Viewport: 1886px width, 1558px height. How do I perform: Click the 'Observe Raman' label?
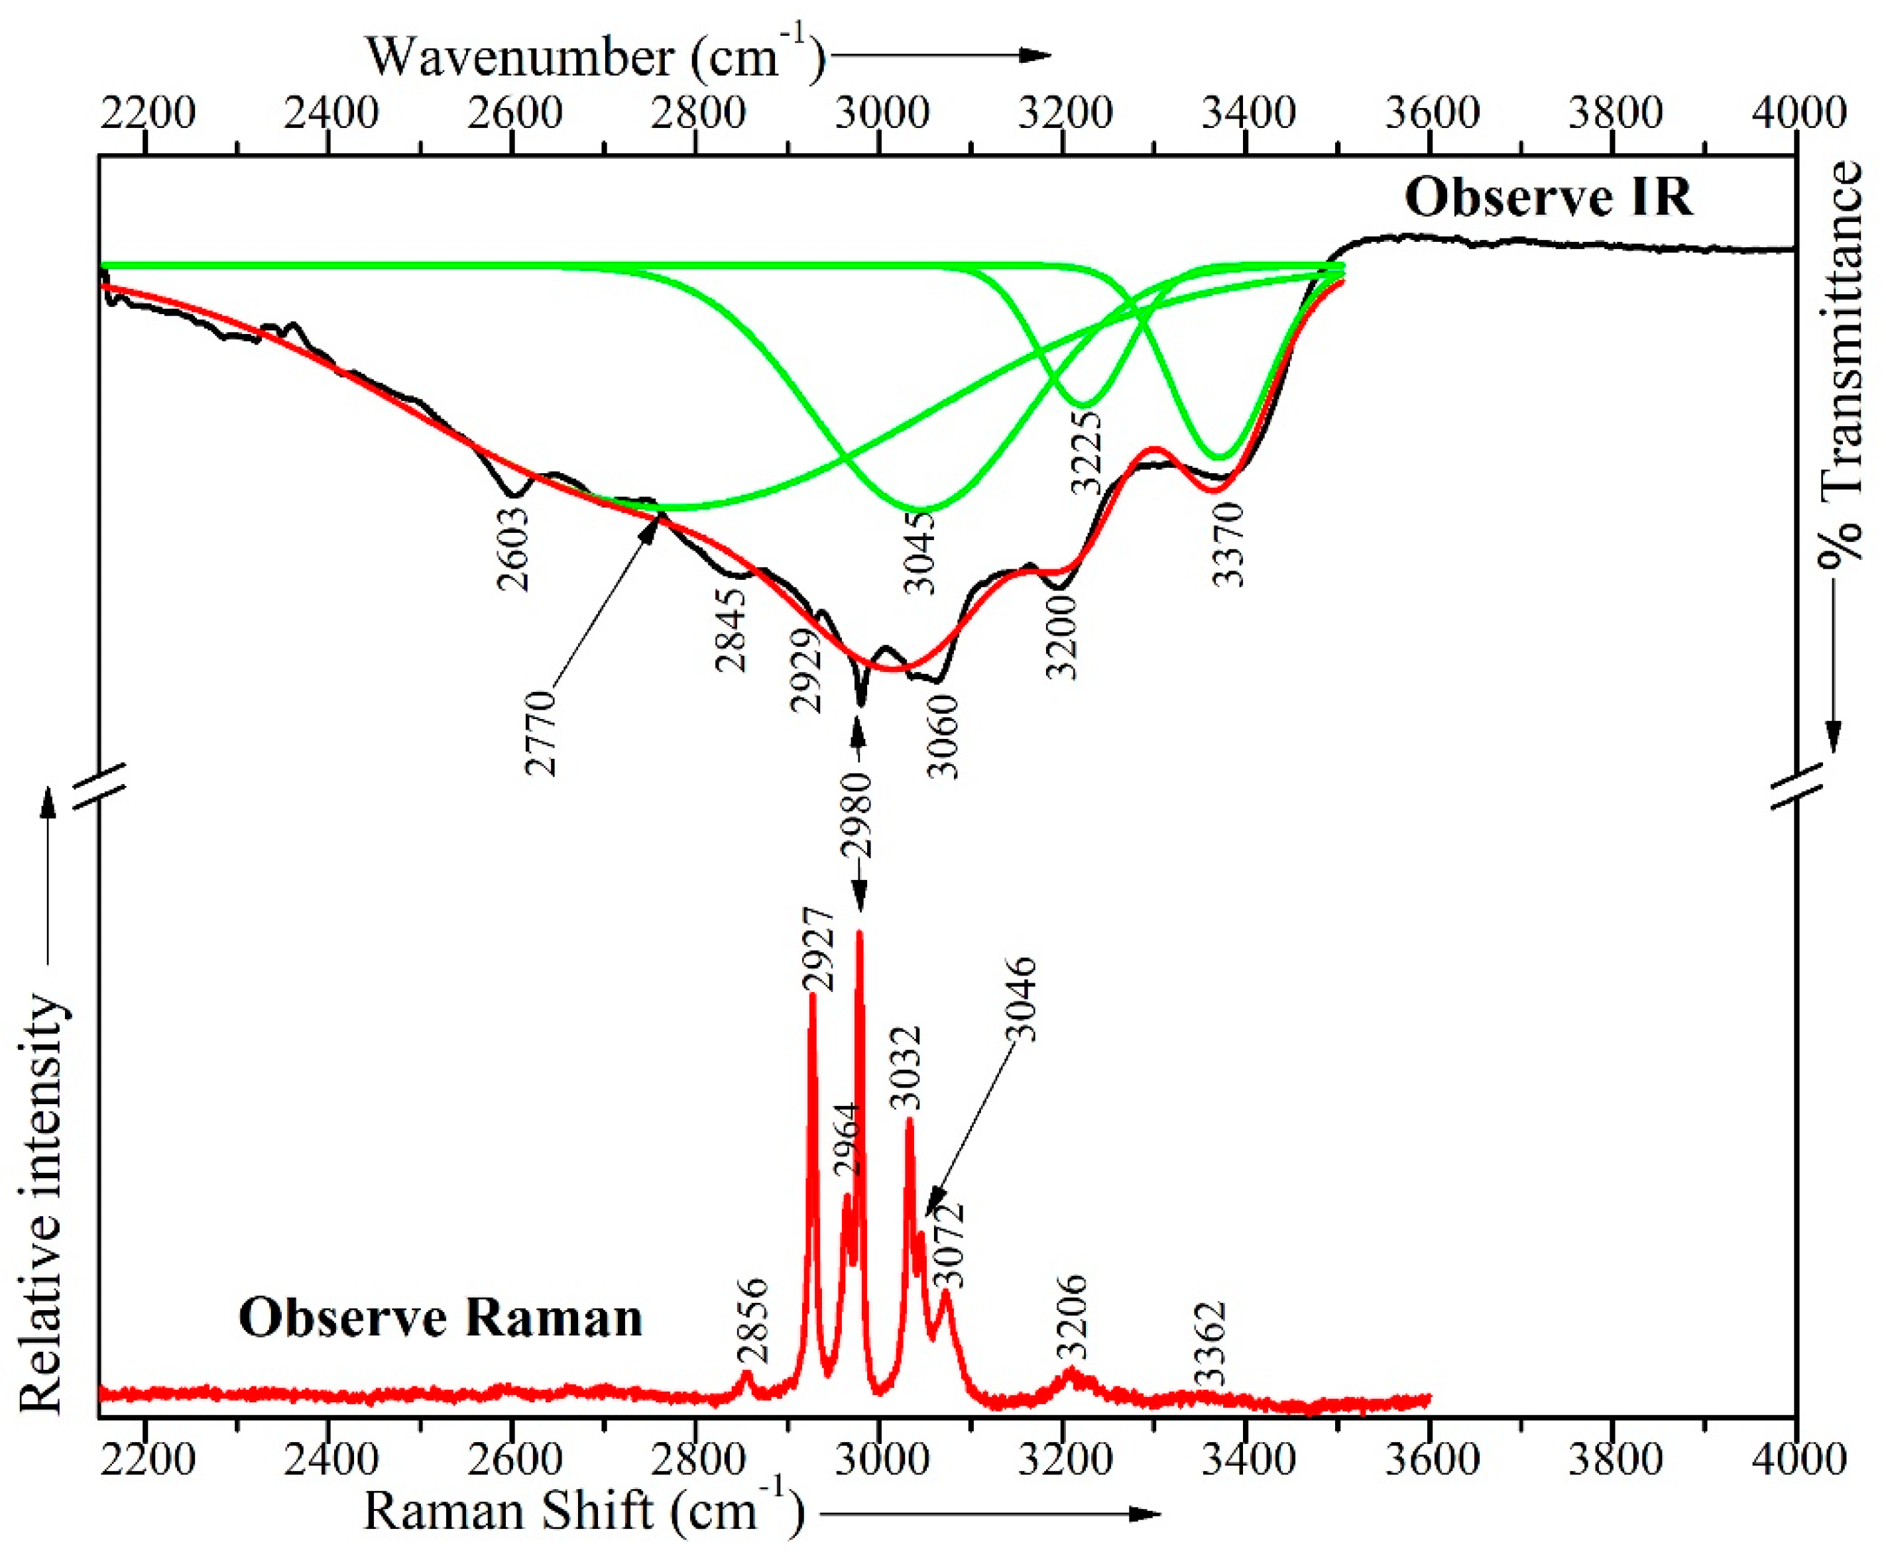pos(440,1318)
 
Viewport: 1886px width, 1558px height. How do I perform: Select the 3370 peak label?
pos(1227,545)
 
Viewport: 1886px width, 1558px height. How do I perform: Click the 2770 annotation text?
pos(542,732)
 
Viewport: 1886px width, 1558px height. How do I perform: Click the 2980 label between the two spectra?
pos(856,814)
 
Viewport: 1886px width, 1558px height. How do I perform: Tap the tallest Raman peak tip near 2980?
pos(860,933)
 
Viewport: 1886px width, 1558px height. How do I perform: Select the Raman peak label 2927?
pos(818,948)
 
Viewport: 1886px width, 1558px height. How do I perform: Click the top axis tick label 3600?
pos(1431,114)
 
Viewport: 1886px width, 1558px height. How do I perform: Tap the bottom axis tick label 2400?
pos(329,1459)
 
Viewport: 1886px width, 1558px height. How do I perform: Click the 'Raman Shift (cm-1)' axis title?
pos(583,1510)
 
